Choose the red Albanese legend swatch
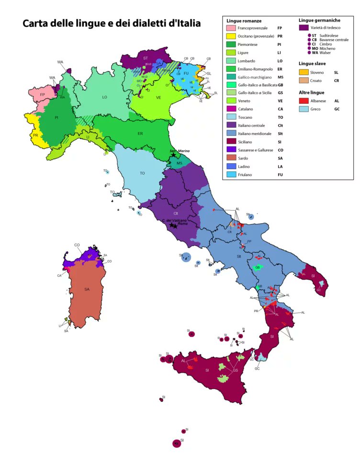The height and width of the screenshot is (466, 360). pyautogui.click(x=303, y=101)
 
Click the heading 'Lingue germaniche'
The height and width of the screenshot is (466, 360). pyautogui.click(x=319, y=21)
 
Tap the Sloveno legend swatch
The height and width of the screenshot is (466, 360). pyautogui.click(x=303, y=72)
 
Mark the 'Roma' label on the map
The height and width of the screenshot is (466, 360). pyautogui.click(x=182, y=224)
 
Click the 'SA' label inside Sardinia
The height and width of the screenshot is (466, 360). pyautogui.click(x=87, y=289)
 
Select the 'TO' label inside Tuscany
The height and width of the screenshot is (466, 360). pyautogui.click(x=142, y=173)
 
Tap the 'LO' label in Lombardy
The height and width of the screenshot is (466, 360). pyautogui.click(x=104, y=97)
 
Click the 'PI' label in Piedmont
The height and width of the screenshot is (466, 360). pyautogui.click(x=56, y=118)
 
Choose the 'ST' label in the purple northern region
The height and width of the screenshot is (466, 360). pyautogui.click(x=146, y=57)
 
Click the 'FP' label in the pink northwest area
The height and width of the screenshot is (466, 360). pyautogui.click(x=42, y=95)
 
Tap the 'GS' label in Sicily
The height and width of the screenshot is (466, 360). pyautogui.click(x=235, y=370)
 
